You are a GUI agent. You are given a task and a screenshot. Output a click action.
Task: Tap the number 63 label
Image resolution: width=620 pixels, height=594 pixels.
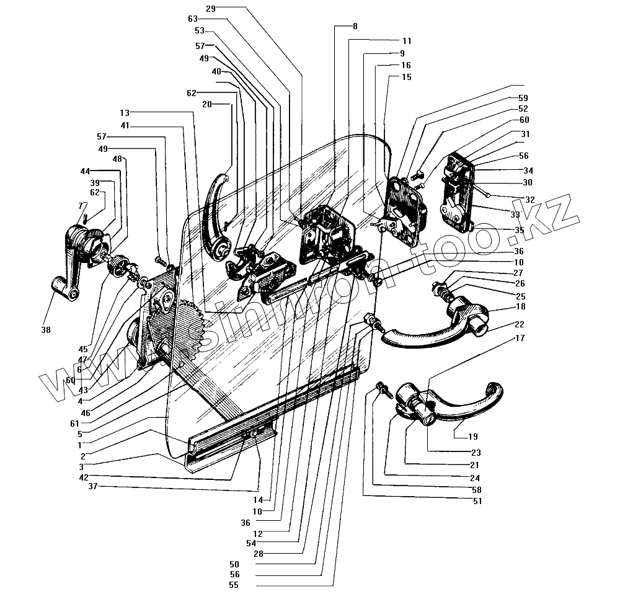[x=193, y=19]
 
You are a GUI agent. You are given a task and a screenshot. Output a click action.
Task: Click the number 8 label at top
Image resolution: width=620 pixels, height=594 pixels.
[x=355, y=27]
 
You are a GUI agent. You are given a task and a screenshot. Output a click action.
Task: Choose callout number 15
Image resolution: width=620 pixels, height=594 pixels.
[x=406, y=77]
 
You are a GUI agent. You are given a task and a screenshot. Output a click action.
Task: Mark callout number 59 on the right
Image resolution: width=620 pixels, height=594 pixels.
[x=523, y=98]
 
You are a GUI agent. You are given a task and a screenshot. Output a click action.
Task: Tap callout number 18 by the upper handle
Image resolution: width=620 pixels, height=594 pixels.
[x=520, y=307]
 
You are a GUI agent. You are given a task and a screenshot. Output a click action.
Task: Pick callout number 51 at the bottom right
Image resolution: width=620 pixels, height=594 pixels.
[x=476, y=502]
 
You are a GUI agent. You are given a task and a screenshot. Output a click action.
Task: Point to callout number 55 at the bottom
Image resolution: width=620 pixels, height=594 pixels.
[x=233, y=584]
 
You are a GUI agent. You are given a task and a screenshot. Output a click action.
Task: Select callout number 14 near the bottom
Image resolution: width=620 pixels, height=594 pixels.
[x=257, y=499]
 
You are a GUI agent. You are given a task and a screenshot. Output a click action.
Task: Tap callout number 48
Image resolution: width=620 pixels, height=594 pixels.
[x=118, y=159]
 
